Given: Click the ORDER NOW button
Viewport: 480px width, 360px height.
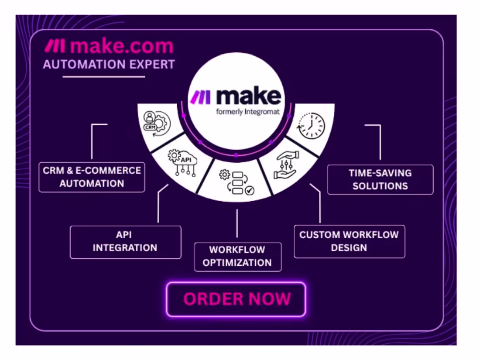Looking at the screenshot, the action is point(236,299).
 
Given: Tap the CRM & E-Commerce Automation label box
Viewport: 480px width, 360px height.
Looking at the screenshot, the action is point(92,177).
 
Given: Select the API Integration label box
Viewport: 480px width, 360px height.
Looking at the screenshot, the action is point(126,242).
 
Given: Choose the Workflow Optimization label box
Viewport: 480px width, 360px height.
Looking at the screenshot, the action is point(237,257).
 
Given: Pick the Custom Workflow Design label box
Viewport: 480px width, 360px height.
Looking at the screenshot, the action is point(349,242).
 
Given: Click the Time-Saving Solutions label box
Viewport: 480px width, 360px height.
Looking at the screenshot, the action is point(380,179).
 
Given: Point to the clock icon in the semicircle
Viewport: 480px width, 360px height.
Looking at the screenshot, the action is point(311,126).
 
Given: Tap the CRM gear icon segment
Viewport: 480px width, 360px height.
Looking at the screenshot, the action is point(157,123).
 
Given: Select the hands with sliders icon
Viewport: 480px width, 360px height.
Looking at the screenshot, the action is point(286,165).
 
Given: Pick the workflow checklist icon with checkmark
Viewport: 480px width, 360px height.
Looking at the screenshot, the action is point(237,183).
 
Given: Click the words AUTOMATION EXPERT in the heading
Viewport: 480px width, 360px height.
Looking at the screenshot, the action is point(109,65).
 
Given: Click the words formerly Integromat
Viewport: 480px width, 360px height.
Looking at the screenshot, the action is point(248,112).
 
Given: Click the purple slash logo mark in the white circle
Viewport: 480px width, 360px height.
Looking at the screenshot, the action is point(201,97).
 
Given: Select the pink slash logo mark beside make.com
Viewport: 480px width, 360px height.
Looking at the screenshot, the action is point(55,46).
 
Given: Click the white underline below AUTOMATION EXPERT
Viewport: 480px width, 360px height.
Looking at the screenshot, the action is point(104,77).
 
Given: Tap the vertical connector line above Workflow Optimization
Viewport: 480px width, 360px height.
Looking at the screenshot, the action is point(237,223).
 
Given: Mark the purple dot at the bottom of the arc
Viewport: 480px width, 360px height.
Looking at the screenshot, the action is point(236,155).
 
